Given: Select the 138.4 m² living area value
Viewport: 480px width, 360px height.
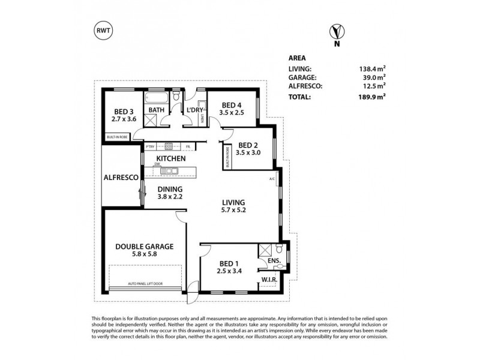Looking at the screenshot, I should [372, 70].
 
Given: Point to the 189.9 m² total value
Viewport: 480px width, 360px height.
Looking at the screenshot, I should [372, 96].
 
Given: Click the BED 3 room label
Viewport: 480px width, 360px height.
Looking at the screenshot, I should [125, 110].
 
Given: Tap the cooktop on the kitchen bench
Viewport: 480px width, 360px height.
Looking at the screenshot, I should [169, 146].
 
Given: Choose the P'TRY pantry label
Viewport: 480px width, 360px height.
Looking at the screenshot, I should [150, 146].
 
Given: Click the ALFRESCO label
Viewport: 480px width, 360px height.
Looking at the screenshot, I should [122, 178].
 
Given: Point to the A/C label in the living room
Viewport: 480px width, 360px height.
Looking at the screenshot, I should [272, 179].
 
